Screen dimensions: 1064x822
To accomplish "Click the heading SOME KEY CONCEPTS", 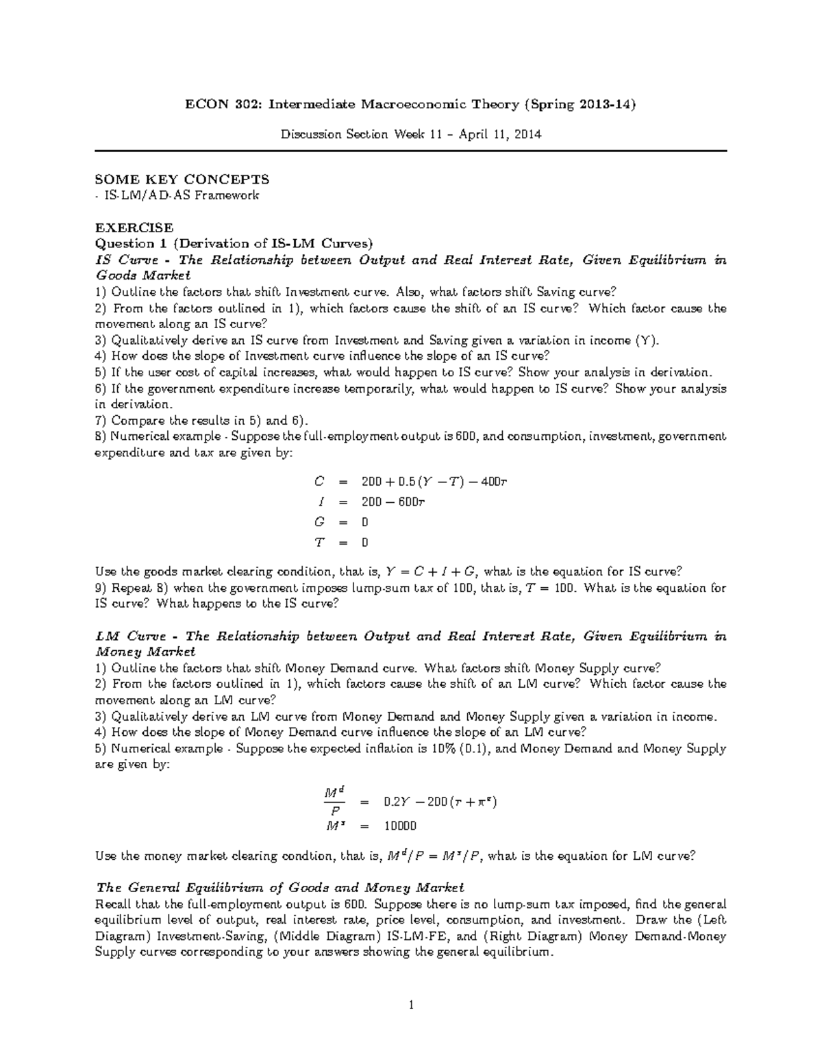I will pyautogui.click(x=182, y=180).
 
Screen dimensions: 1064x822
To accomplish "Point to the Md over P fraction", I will pyautogui.click(x=334, y=801).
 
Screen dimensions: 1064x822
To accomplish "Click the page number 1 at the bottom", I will pyautogui.click(x=410, y=1006).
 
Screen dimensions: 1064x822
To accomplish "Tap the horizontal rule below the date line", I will pyautogui.click(x=410, y=150).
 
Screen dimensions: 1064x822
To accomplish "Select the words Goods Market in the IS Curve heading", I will pyautogui.click(x=142, y=276).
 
